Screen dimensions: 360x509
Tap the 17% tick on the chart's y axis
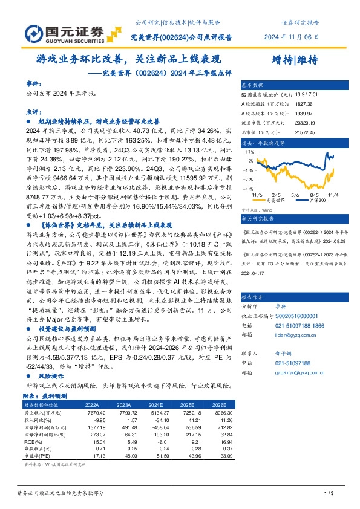click(x=249, y=153)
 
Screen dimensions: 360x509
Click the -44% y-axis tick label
click(x=249, y=189)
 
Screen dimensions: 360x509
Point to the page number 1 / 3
click(x=329, y=494)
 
